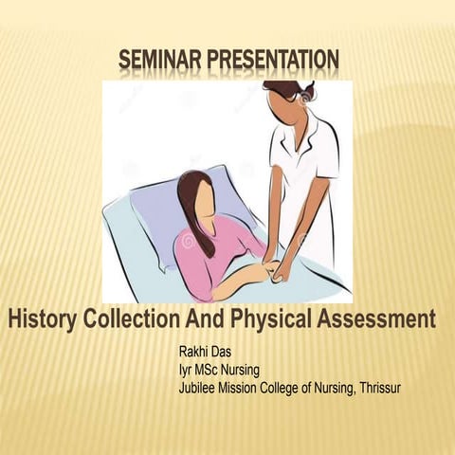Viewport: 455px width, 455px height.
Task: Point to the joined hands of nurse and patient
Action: [x=276, y=269]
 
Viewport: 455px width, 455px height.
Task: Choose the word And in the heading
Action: [x=209, y=319]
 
